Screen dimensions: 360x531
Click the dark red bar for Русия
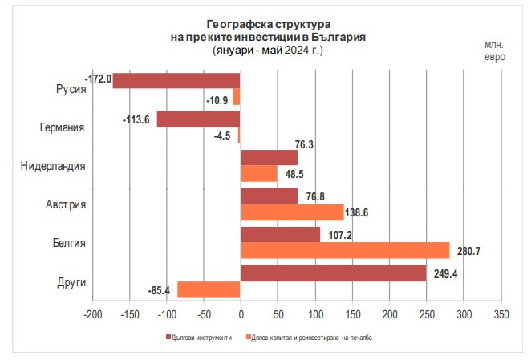176,80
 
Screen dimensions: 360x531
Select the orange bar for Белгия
345,251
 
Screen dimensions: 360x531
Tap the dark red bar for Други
333,273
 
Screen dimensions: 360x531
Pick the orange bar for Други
209,290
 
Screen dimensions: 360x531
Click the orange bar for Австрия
292,212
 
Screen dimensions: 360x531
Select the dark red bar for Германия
198,119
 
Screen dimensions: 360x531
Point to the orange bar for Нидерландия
259,173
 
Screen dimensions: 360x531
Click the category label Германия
63,127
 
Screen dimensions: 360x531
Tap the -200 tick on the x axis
92,313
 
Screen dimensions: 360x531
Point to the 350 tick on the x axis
501,313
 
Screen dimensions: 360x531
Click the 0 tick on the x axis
241,313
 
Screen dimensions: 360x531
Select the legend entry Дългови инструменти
201,338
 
